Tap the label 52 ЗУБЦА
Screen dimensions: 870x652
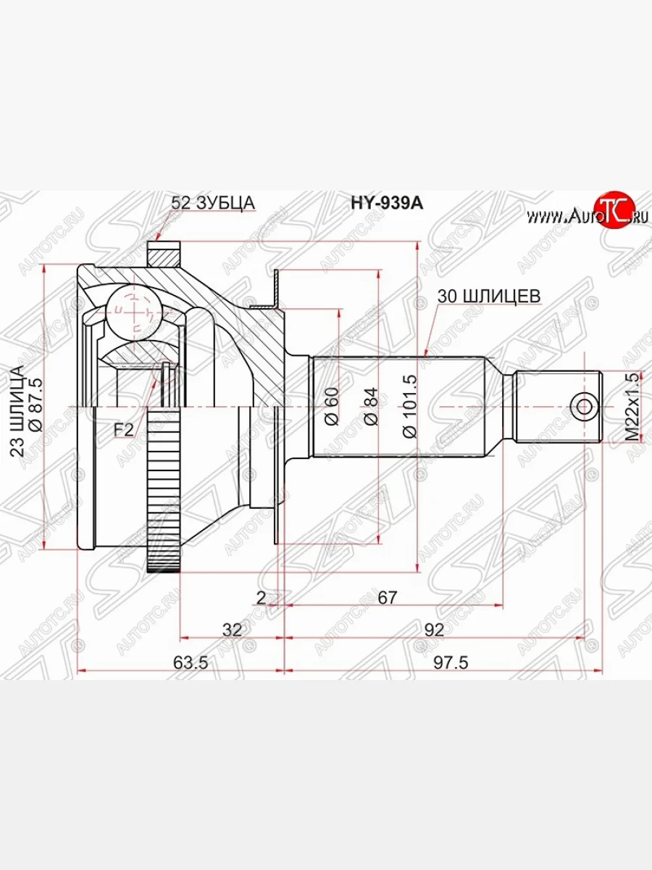click(213, 204)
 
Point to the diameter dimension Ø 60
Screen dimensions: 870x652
click(331, 407)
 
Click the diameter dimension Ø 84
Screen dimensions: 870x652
click(370, 407)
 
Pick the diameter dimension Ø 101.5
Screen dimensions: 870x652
click(410, 405)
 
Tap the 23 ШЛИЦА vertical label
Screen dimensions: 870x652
click(17, 410)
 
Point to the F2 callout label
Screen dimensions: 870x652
click(124, 430)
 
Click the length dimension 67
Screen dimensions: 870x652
click(388, 597)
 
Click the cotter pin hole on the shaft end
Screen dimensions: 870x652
click(582, 406)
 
